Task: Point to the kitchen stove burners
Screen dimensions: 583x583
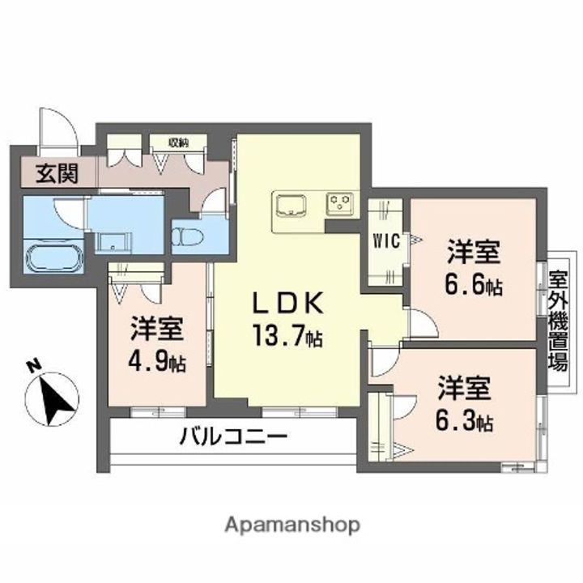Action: click(x=340, y=202)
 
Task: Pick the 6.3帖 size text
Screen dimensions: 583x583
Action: click(x=465, y=421)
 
